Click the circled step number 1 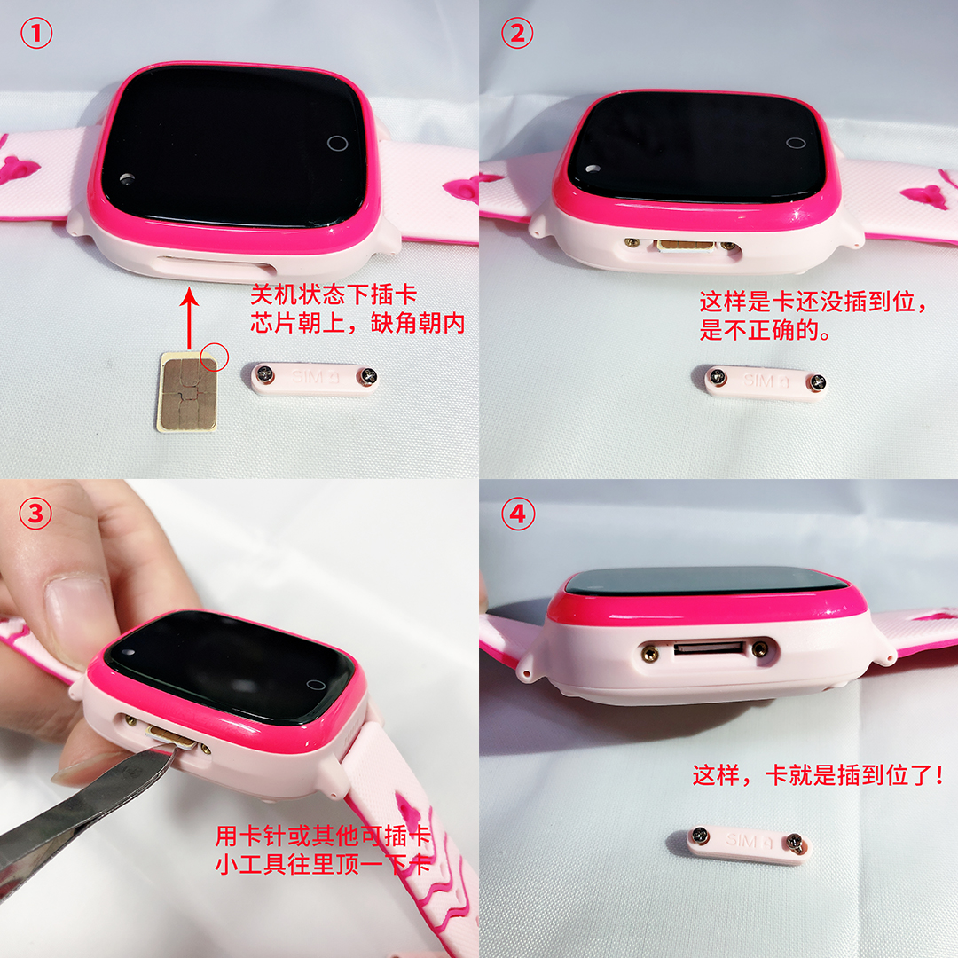(36, 33)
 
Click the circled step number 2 (517, 33)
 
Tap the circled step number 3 (35, 514)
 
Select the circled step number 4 (518, 514)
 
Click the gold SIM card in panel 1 (187, 392)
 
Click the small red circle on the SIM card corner (214, 357)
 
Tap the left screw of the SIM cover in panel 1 (265, 374)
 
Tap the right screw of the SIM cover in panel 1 (366, 376)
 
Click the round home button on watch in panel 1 (338, 143)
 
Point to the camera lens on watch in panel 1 (127, 178)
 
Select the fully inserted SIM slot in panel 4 (710, 648)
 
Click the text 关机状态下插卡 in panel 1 (334, 294)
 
